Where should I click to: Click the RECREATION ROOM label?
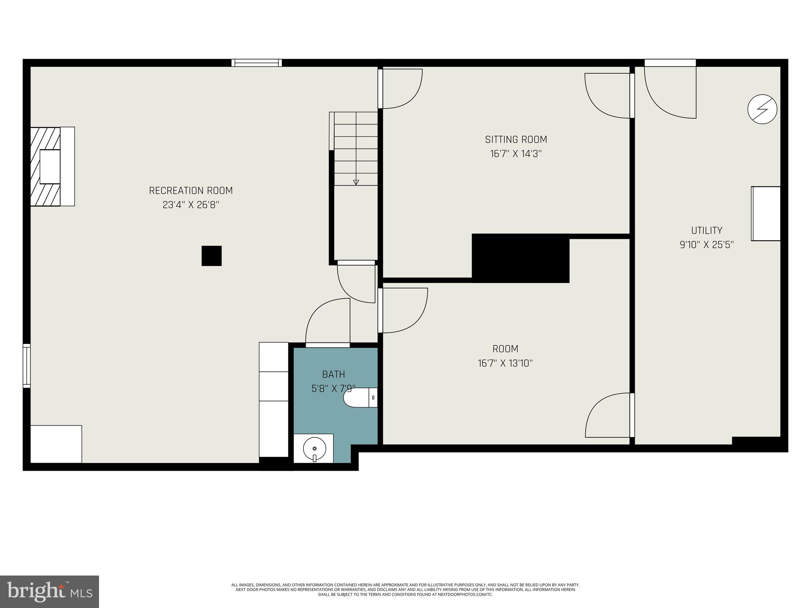pyautogui.click(x=190, y=190)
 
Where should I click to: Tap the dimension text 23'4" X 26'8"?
pyautogui.click(x=190, y=205)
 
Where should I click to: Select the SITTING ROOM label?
pyautogui.click(x=516, y=139)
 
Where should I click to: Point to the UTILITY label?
pyautogui.click(x=706, y=230)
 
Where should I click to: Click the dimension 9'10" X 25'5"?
pyautogui.click(x=706, y=245)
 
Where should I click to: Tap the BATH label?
pyautogui.click(x=333, y=374)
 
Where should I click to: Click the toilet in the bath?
pyautogui.click(x=358, y=397)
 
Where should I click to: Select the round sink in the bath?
pyautogui.click(x=314, y=449)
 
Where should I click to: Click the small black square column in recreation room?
pyautogui.click(x=211, y=256)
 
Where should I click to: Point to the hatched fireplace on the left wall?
pyautogui.click(x=46, y=167)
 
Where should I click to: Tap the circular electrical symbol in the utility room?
pyautogui.click(x=762, y=109)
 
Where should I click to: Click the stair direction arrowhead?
pyautogui.click(x=356, y=182)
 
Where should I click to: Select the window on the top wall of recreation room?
pyautogui.click(x=257, y=63)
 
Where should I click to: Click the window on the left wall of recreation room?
pyautogui.click(x=27, y=365)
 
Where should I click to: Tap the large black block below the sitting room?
pyautogui.click(x=520, y=258)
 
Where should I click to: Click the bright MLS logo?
pyautogui.click(x=49, y=591)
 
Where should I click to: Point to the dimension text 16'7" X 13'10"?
pyautogui.click(x=505, y=363)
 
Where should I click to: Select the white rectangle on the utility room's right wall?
pyautogui.click(x=766, y=214)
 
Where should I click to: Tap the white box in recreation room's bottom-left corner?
pyautogui.click(x=56, y=444)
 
